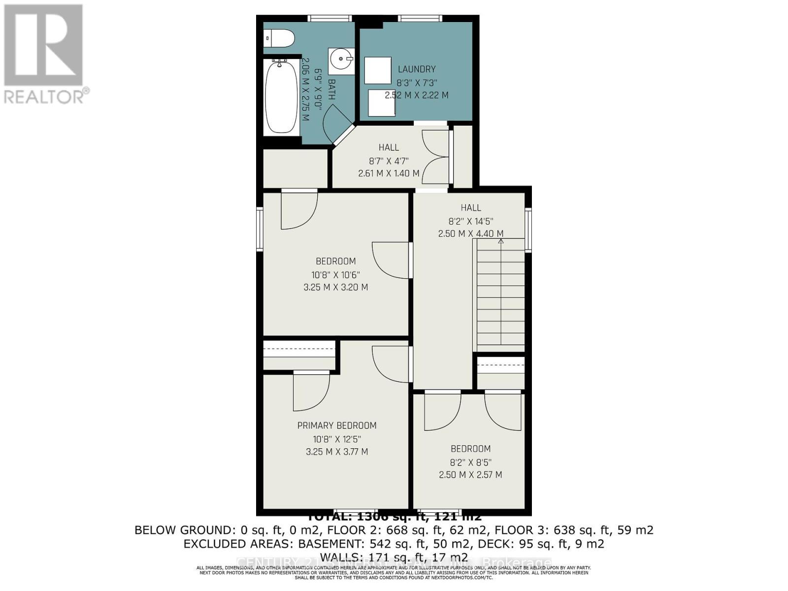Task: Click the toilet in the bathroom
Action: pos(279,37)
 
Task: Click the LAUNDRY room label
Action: pos(417,69)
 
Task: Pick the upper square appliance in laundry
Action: pos(377,70)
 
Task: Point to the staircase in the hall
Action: pos(500,295)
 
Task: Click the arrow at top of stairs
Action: pos(501,241)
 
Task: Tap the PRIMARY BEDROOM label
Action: pos(337,426)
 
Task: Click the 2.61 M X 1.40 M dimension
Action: pos(389,173)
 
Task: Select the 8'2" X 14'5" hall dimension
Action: pos(471,222)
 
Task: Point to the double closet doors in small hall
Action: pos(436,157)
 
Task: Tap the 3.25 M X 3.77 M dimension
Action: pos(337,452)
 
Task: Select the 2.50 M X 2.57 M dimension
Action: pos(470,475)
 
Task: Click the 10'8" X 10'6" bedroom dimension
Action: pos(335,274)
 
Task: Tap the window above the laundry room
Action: pos(420,19)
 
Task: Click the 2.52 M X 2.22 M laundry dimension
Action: pos(417,95)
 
